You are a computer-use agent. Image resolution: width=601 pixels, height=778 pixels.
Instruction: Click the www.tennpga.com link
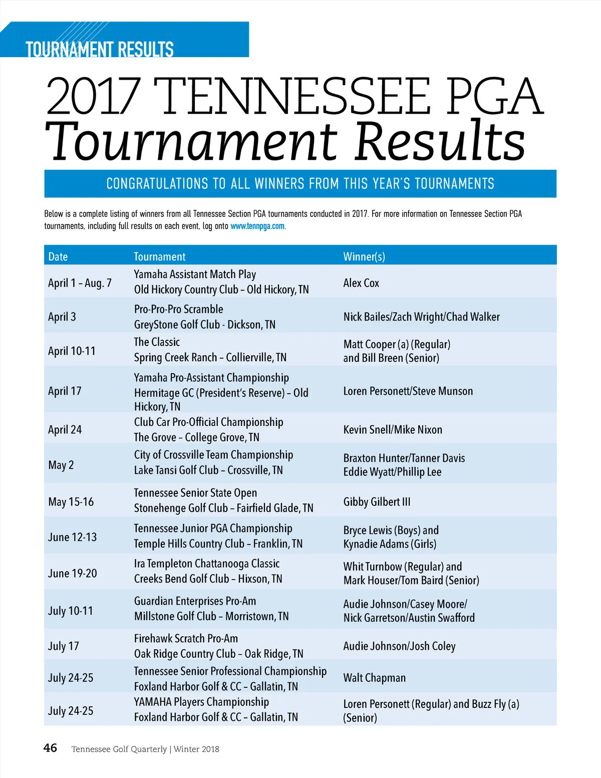click(257, 226)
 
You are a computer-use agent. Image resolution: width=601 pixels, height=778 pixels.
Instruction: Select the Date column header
click(58, 256)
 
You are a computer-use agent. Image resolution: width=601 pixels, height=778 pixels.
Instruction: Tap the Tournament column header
click(159, 256)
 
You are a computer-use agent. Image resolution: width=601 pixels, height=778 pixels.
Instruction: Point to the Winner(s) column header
click(364, 256)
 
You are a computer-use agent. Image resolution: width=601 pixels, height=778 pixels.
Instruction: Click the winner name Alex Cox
click(361, 283)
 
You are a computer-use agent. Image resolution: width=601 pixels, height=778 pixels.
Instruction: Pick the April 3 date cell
click(62, 317)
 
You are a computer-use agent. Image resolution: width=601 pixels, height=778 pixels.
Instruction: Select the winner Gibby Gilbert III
click(377, 502)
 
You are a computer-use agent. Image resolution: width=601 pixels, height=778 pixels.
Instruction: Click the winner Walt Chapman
click(374, 678)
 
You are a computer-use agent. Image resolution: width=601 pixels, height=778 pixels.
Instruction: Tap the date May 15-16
click(71, 502)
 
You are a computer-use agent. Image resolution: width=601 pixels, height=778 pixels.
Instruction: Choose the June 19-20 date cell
click(72, 573)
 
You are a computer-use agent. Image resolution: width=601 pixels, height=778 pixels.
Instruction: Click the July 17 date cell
click(63, 646)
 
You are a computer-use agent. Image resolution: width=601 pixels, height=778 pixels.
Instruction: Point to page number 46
click(50, 748)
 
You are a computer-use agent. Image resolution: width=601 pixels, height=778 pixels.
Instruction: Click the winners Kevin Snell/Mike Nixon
click(393, 430)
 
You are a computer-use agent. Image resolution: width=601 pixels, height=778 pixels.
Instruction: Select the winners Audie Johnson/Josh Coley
click(399, 646)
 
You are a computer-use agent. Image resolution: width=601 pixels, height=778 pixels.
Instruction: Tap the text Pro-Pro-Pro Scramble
click(178, 309)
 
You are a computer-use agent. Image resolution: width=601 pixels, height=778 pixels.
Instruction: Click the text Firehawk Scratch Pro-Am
click(186, 639)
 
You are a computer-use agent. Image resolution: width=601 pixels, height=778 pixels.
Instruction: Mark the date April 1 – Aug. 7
click(80, 283)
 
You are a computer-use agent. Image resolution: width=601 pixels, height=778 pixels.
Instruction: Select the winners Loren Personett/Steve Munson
click(408, 391)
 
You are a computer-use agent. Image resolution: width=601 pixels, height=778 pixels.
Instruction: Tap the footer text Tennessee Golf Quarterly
click(119, 749)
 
